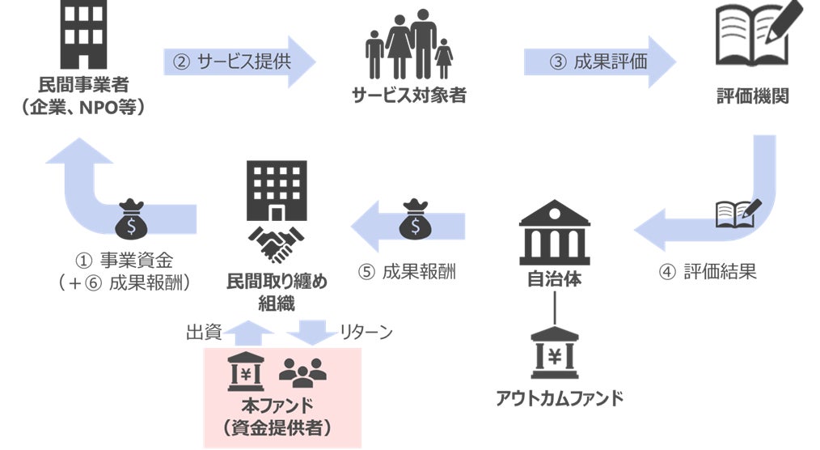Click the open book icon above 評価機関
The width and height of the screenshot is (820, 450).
752,36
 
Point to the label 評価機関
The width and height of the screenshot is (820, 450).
752,96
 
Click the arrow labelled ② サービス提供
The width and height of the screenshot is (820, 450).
239,61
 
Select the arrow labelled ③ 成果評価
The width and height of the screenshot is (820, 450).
599,61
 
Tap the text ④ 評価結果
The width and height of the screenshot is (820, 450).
708,272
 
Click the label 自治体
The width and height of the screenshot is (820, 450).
554,279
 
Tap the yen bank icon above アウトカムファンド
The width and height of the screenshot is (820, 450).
554,354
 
